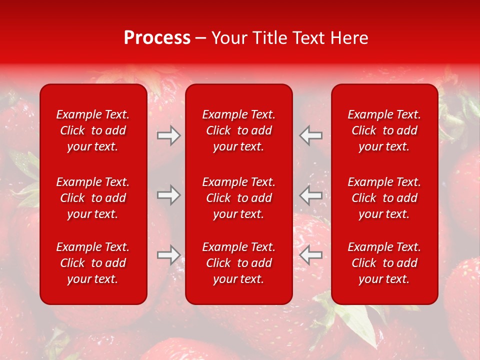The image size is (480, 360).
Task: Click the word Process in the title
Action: click(x=157, y=38)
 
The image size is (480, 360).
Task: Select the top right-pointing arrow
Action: click(x=168, y=135)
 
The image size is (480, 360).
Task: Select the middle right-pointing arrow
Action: click(x=168, y=195)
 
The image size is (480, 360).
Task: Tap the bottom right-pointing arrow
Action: click(x=168, y=255)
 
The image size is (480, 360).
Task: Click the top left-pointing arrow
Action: click(x=311, y=135)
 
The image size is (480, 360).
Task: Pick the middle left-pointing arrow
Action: click(x=311, y=195)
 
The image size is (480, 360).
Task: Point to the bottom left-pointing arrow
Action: click(x=311, y=255)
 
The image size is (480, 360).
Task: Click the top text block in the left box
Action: click(x=93, y=130)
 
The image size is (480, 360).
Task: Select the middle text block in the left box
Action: click(x=93, y=198)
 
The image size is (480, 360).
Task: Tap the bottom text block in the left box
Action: click(x=93, y=263)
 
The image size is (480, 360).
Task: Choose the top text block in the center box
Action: click(x=238, y=130)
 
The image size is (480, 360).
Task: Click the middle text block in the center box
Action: click(x=238, y=198)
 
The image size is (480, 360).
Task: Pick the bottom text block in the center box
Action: click(x=238, y=263)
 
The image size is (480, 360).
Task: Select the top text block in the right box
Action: click(x=384, y=130)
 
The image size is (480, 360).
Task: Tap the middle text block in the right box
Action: click(x=384, y=198)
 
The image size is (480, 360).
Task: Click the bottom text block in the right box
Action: click(x=384, y=263)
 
